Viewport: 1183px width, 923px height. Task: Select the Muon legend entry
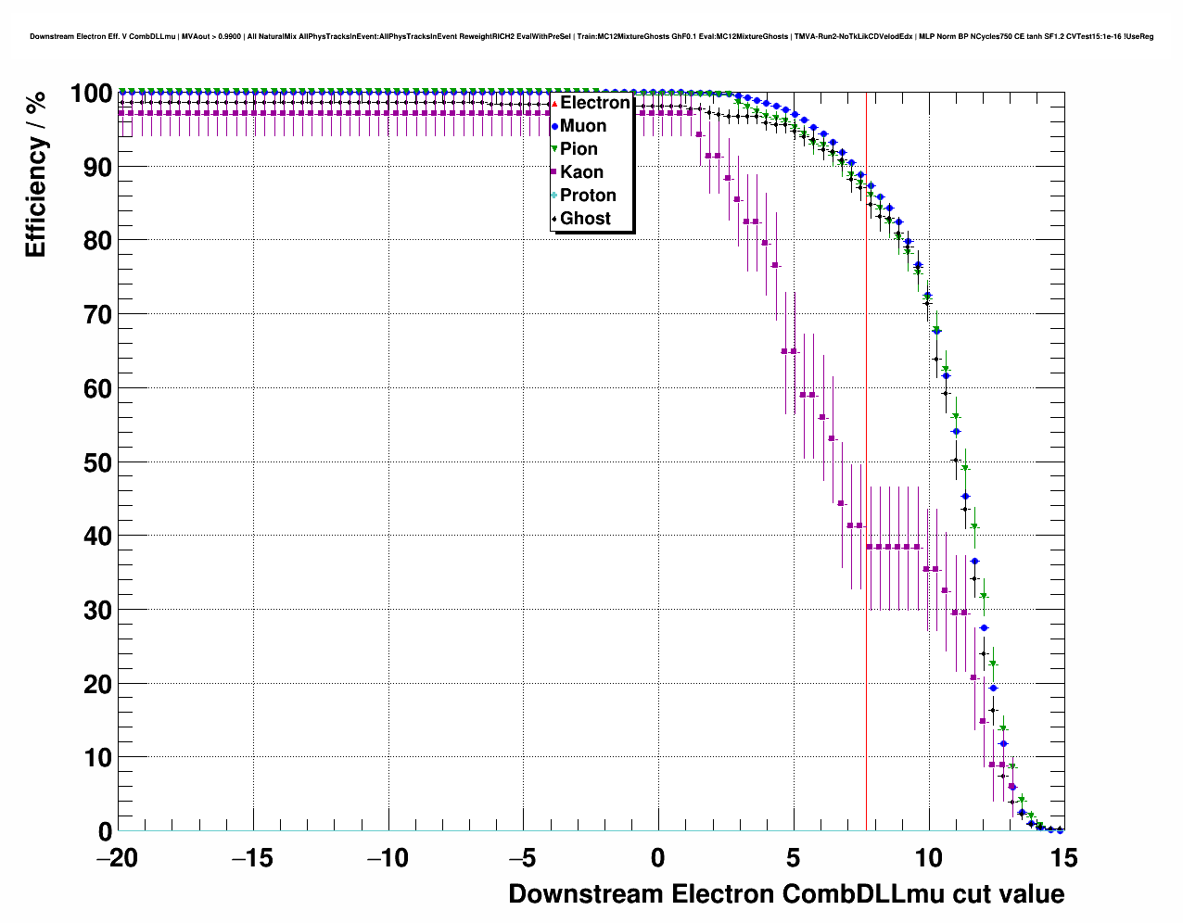[583, 126]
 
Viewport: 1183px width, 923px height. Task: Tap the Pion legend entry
[579, 149]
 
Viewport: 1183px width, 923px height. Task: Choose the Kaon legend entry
[581, 172]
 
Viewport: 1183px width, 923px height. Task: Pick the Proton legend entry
[588, 196]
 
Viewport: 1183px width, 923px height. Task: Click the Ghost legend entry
[585, 219]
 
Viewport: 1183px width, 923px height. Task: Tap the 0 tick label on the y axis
[105, 831]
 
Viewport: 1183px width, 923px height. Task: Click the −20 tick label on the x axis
[117, 859]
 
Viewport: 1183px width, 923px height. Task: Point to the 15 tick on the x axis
[1064, 859]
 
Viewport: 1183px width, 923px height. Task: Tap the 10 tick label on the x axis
[929, 859]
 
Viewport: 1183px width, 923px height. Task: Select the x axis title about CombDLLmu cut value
[786, 894]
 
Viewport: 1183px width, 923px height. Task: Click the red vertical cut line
[866, 463]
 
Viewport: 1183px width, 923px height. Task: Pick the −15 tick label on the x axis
[252, 859]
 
